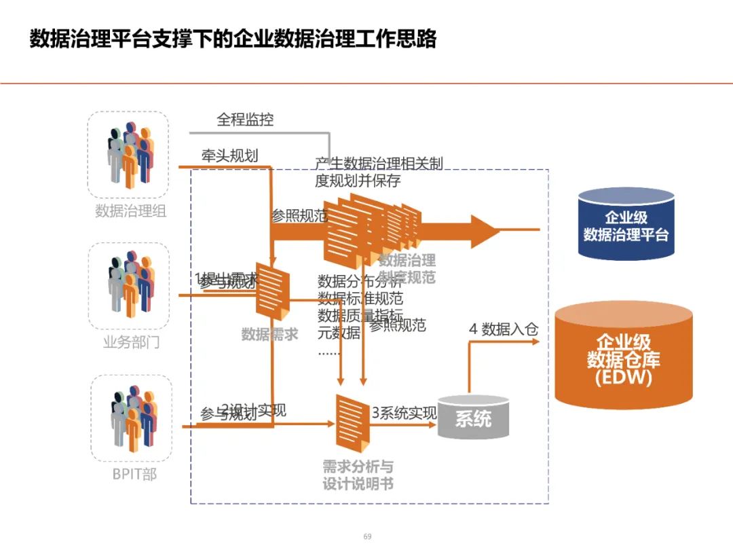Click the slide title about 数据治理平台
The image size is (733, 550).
pos(233,39)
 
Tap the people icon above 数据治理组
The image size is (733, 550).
pos(129,153)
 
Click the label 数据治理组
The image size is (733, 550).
pos(130,210)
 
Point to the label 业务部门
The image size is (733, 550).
pos(131,342)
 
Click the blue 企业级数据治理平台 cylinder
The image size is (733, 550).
pos(626,225)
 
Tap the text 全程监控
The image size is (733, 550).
pos(245,120)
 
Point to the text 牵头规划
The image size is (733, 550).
pos(230,155)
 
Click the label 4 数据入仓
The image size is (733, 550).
pos(504,329)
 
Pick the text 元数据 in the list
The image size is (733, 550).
pos(339,333)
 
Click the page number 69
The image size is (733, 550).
pos(367,536)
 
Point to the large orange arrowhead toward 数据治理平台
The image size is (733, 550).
pos(485,230)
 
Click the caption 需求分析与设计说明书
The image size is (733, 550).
pos(358,475)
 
